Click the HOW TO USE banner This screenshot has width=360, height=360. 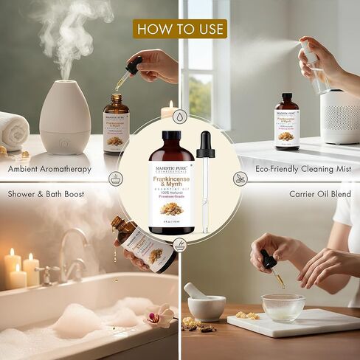pyautogui.click(x=180, y=29)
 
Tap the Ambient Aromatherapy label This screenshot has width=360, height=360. pyautogui.click(x=50, y=169)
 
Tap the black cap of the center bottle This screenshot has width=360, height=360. pyautogui.click(x=172, y=137)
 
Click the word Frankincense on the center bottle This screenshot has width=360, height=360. pyautogui.click(x=172, y=159)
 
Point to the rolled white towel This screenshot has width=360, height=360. pyautogui.click(x=13, y=129)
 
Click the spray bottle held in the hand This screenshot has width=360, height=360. pyautogui.click(x=314, y=68)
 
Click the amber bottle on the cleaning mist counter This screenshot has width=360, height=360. pyautogui.click(x=287, y=121)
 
